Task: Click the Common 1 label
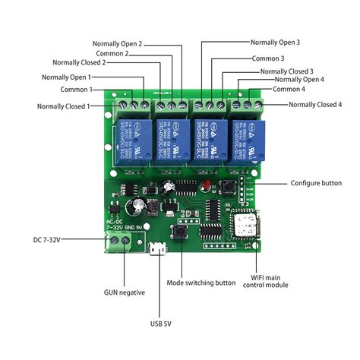75,90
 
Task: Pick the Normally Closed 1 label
62,106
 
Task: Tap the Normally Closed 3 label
286,71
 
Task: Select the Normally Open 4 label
299,79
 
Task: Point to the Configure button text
317,183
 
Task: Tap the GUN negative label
125,292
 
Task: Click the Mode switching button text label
201,283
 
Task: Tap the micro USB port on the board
156,248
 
